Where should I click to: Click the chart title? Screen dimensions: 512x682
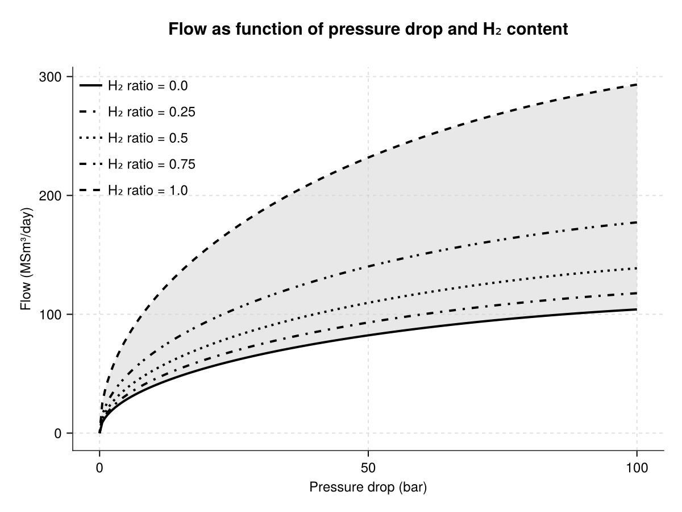pos(368,30)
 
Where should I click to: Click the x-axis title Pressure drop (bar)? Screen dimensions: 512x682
pos(368,488)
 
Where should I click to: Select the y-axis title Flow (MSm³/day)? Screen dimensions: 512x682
pos(26,259)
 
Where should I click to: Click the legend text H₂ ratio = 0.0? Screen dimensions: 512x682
pos(147,86)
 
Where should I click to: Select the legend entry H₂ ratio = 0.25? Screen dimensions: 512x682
pos(151,112)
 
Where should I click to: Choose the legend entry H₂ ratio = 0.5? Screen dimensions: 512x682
pos(147,138)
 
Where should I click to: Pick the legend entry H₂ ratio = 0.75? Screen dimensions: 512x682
pos(151,164)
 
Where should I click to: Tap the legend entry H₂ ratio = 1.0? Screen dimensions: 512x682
pos(147,191)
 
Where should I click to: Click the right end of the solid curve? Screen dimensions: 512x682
pos(637,309)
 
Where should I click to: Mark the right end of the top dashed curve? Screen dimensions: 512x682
pos(637,85)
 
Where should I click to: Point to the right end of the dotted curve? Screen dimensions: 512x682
pos(637,268)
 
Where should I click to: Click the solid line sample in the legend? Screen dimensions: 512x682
pos(90,86)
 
